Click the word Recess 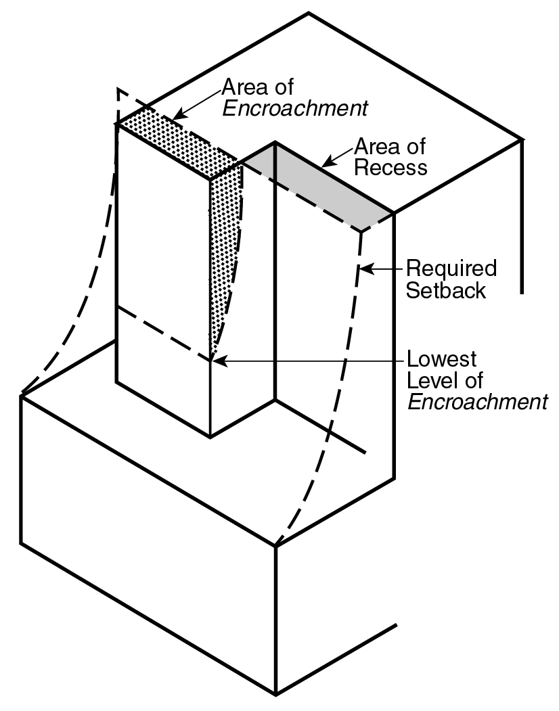(x=392, y=167)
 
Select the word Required (x=451, y=269)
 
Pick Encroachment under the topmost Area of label (x=295, y=109)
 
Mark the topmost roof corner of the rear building (x=309, y=13)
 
